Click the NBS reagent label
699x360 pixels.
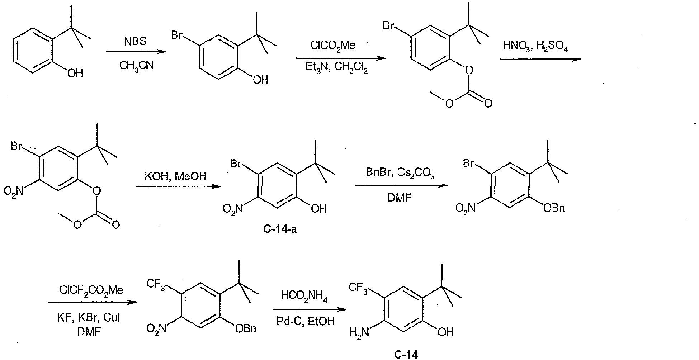[136, 42]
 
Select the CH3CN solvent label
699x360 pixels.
[137, 66]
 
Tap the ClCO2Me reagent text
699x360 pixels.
[333, 46]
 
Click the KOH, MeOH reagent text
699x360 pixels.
[175, 176]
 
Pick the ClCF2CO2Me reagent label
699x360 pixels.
[91, 290]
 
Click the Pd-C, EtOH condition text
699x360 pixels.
[306, 321]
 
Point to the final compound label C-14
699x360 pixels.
[406, 355]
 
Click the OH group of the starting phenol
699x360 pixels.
[75, 74]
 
